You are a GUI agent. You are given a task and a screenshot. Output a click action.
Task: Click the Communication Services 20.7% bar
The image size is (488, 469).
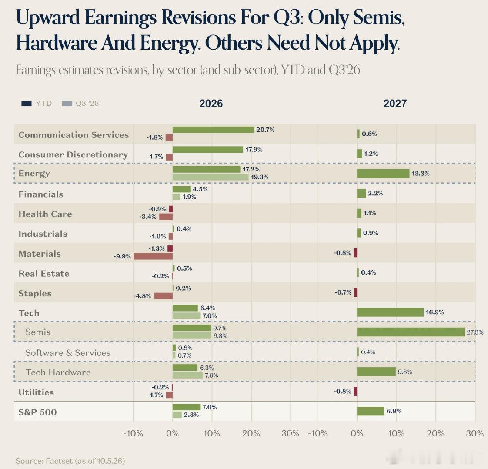point(213,130)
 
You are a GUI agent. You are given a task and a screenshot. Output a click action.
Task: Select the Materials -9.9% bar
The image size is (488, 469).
point(153,256)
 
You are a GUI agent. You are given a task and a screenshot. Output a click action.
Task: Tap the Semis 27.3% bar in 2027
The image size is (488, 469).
point(411,332)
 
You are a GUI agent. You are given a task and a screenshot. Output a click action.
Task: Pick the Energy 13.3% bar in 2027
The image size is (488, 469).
point(383,173)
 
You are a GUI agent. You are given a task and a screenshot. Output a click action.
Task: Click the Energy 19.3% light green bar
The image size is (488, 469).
point(211,177)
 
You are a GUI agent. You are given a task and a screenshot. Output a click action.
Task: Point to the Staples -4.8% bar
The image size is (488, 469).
point(163,296)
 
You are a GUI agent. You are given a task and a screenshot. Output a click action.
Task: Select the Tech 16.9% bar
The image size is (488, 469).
point(390,312)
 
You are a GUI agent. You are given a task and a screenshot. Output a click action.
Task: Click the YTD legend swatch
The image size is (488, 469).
point(27,103)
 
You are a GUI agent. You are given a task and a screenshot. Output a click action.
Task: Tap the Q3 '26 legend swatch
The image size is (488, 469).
point(67,103)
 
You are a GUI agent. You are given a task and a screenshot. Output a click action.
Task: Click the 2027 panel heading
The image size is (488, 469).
point(395,103)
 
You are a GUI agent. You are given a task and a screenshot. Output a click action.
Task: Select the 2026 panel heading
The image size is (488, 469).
point(211,103)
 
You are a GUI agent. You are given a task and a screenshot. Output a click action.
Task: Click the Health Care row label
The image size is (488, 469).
point(45,214)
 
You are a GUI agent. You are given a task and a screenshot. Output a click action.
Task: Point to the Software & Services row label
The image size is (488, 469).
point(68,352)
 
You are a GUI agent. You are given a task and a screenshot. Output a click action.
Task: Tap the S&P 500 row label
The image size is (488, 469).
point(38,412)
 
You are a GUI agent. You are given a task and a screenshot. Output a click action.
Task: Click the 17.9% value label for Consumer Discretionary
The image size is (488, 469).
point(254,149)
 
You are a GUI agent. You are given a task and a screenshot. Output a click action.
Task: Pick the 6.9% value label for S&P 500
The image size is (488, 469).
point(394,411)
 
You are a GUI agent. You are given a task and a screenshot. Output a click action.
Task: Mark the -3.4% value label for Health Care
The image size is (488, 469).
point(148,217)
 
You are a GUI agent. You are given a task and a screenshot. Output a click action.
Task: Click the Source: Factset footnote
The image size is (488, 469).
point(70,461)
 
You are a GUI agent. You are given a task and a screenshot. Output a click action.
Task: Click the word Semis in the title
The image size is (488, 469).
point(379,17)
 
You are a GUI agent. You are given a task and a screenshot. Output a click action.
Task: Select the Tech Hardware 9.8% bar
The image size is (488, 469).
point(376,372)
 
